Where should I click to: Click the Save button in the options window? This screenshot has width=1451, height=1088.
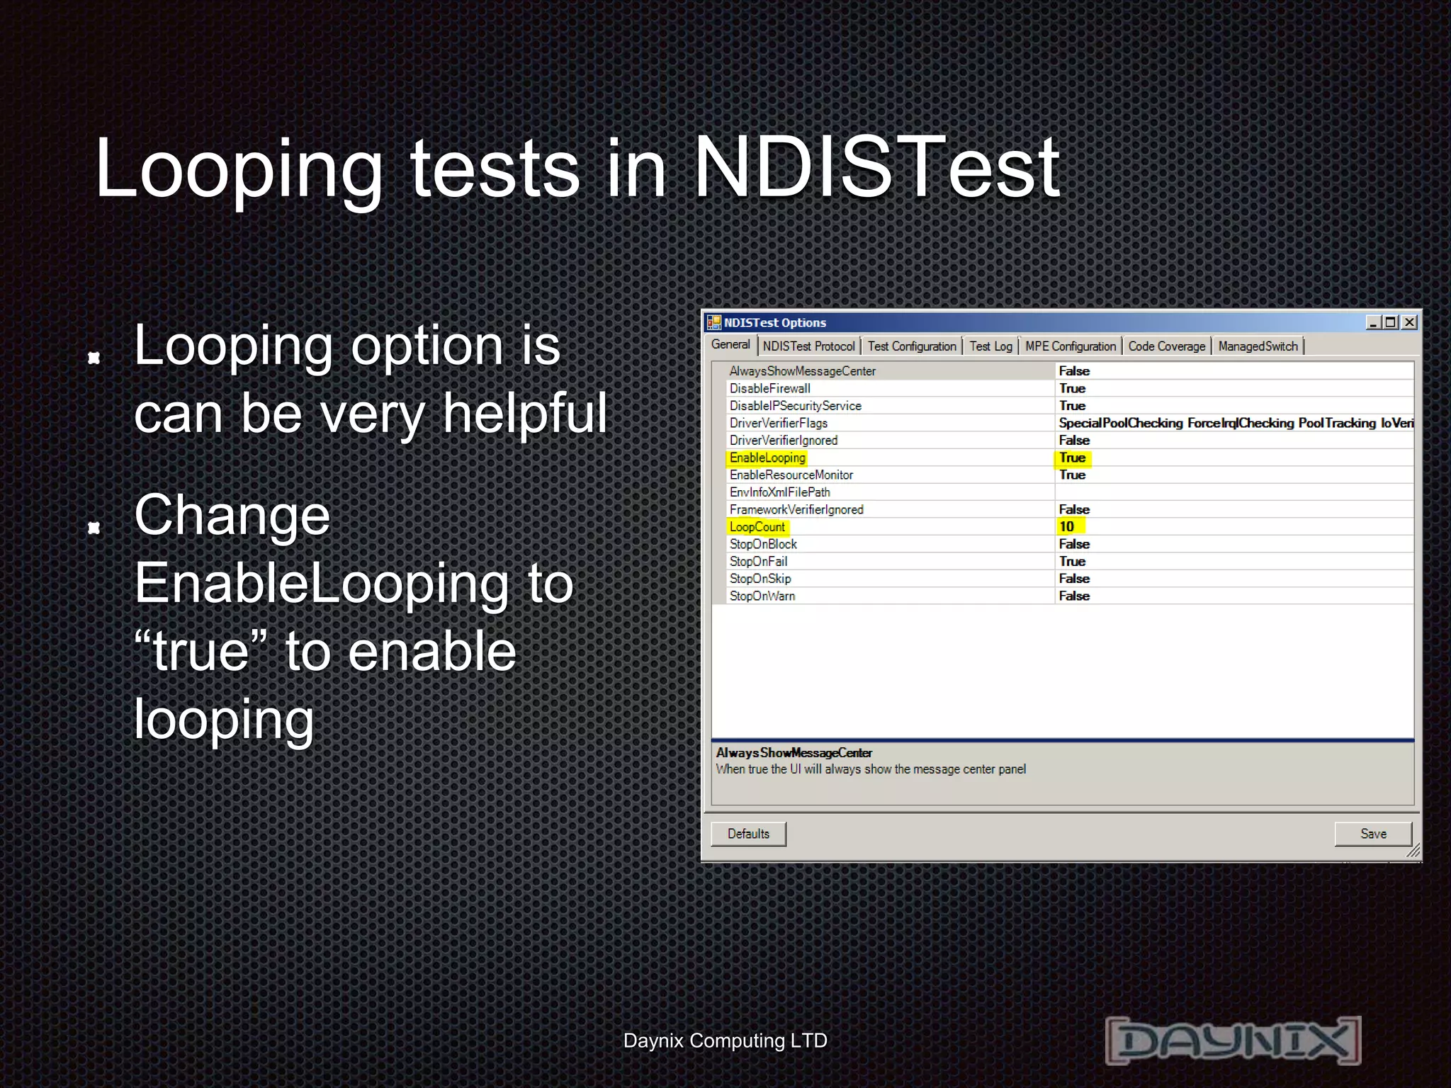coord(1372,834)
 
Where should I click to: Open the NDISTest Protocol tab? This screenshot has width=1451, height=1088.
coord(808,346)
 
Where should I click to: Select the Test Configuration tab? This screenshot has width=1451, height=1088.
coord(911,346)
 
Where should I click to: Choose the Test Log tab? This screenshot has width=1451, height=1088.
coord(990,346)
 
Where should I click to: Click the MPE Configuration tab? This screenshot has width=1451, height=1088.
coord(1070,346)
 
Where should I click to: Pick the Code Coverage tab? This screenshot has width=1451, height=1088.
coord(1166,346)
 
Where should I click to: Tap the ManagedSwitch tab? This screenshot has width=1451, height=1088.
coord(1258,346)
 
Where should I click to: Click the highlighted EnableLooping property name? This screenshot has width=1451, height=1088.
coord(767,458)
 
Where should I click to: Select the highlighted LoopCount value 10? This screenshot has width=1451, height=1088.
coord(1067,526)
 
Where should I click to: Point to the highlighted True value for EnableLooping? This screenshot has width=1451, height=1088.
coord(1072,458)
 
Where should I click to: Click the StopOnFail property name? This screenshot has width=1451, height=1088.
coord(758,561)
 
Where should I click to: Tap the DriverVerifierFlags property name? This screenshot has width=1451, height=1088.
coord(778,423)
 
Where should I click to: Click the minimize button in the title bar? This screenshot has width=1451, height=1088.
coord(1373,322)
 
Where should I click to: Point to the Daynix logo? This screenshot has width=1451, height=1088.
coord(1233,1040)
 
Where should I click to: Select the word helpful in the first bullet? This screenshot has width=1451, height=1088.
coord(524,413)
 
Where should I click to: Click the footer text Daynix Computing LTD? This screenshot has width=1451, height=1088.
coord(725,1041)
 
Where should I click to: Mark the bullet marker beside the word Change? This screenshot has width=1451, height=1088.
coord(94,527)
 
